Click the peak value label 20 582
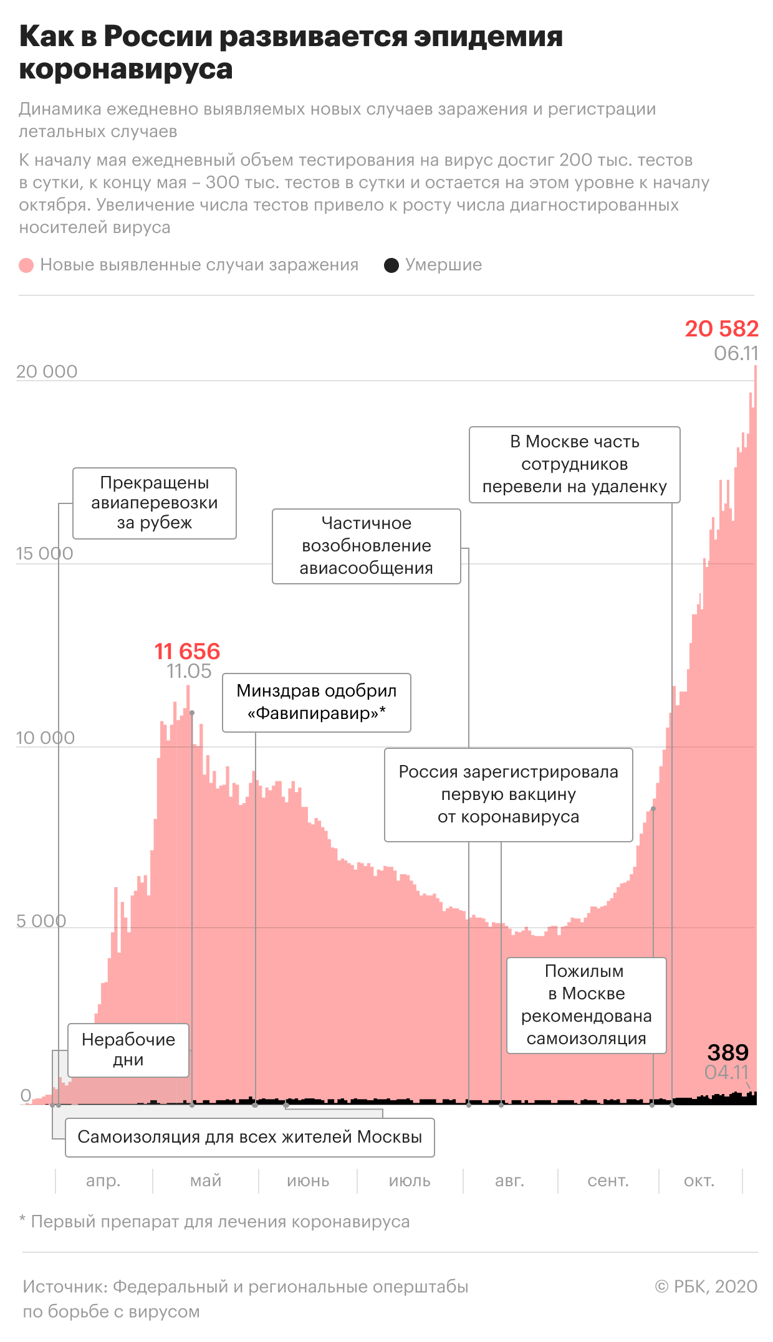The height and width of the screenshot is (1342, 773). (x=721, y=328)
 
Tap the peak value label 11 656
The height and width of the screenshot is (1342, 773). (x=187, y=651)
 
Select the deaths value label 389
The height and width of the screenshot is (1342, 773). (x=727, y=1052)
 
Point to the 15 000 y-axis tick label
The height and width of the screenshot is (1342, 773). (x=44, y=553)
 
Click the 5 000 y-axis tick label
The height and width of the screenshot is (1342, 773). (x=41, y=920)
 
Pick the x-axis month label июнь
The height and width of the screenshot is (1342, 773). (x=308, y=1181)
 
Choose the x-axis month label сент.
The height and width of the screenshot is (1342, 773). (x=608, y=1181)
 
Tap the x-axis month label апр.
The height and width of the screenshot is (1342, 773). (x=103, y=1181)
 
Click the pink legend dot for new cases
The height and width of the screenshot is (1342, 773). (x=26, y=265)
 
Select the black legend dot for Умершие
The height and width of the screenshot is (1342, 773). (x=391, y=265)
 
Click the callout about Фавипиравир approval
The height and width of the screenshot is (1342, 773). (x=317, y=702)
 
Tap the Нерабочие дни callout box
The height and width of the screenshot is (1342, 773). (x=128, y=1050)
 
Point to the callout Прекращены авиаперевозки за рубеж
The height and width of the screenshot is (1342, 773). (x=155, y=503)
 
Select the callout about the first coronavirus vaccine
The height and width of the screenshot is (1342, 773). (x=508, y=794)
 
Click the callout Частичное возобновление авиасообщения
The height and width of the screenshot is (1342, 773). (x=367, y=546)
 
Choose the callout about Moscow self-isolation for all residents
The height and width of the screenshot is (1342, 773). (x=249, y=1137)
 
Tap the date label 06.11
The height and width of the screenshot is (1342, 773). (x=736, y=353)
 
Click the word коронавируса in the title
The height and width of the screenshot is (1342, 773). (x=126, y=69)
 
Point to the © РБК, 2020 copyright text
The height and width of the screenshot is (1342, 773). (x=706, y=1286)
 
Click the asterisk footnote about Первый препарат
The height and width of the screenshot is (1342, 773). (x=214, y=1222)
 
